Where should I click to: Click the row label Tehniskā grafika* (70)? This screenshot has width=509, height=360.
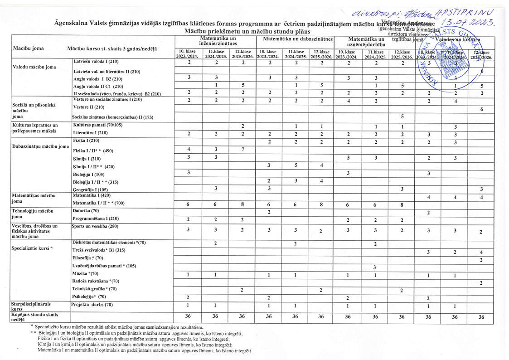[x=95, y=289]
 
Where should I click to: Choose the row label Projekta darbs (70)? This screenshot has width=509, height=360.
[x=92, y=305]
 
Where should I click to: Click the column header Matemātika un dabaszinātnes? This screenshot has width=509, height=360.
[x=295, y=39]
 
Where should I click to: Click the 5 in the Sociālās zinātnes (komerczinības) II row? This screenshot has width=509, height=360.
[x=402, y=116]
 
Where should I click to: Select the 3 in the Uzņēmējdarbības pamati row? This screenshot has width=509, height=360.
[x=375, y=267]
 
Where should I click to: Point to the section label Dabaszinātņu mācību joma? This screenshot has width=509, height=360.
[x=38, y=147]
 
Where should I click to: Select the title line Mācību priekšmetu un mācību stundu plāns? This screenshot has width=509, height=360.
[x=248, y=31]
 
